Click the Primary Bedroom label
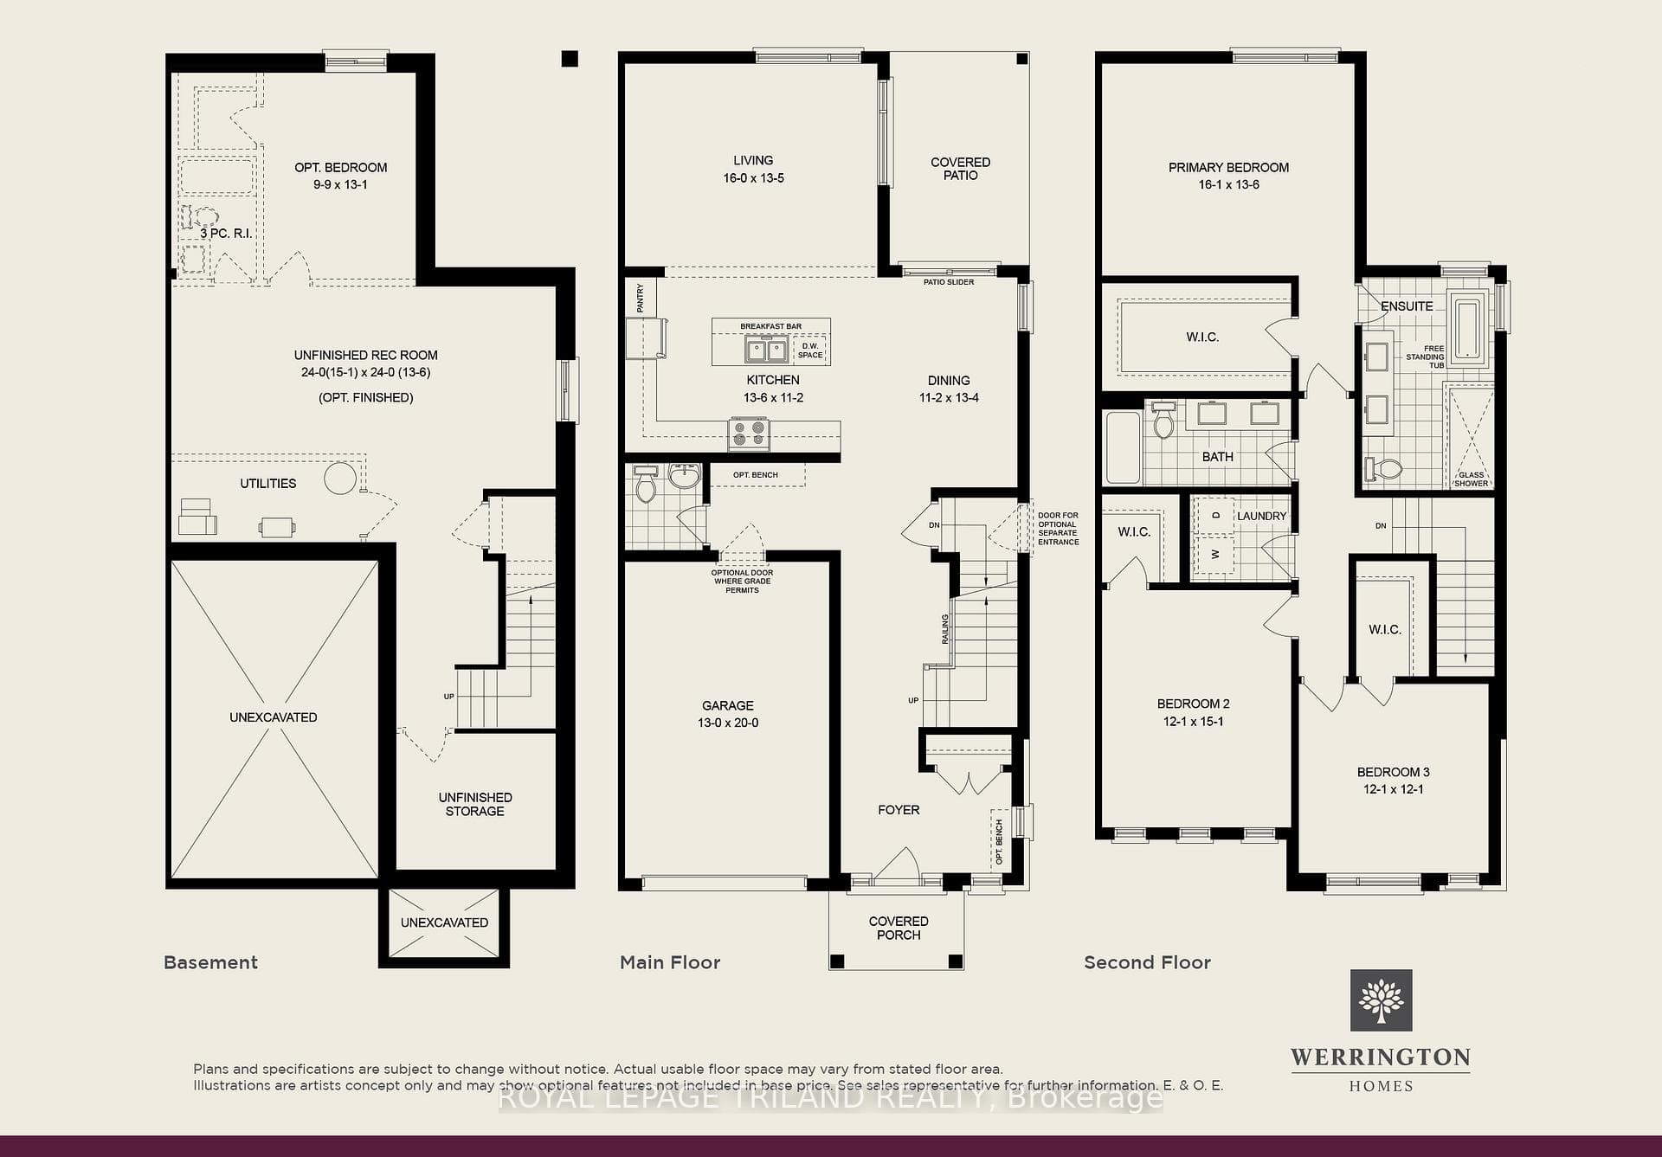point(1228,176)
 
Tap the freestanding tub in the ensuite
point(1467,329)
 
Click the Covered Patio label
point(960,169)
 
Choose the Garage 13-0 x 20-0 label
point(728,714)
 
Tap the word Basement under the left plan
point(210,962)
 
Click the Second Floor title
point(1147,962)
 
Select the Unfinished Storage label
point(474,804)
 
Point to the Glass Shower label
point(1472,479)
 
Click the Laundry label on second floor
point(1261,516)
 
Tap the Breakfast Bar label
point(770,326)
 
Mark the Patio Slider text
point(949,282)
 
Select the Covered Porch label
point(899,928)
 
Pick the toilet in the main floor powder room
point(646,485)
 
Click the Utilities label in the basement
point(268,484)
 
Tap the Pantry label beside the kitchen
point(641,298)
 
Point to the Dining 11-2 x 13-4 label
point(949,389)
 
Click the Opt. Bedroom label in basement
point(340,176)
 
